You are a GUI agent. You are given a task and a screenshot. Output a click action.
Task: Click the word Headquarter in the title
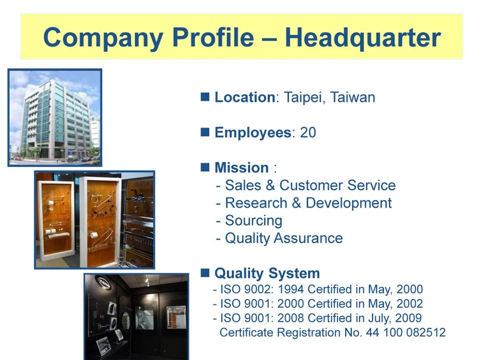pyautogui.click(x=363, y=38)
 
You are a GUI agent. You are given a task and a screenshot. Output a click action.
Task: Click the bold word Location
pyautogui.click(x=244, y=98)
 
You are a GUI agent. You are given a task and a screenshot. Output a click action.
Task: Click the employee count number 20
pyautogui.click(x=308, y=133)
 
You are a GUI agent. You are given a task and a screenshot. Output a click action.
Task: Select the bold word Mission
pyautogui.click(x=241, y=168)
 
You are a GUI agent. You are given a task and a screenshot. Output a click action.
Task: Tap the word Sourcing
pyautogui.click(x=253, y=221)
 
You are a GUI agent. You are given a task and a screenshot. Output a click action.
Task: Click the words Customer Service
pyautogui.click(x=338, y=186)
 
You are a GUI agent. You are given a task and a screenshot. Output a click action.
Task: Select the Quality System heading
pyautogui.click(x=267, y=274)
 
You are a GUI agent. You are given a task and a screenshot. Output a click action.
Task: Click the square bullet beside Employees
pyautogui.click(x=205, y=132)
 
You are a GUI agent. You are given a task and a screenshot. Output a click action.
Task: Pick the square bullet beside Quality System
pyautogui.click(x=205, y=273)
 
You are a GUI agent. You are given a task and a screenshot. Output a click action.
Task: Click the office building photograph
pyautogui.click(x=55, y=117)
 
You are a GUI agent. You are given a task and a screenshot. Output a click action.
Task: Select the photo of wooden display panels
pyautogui.click(x=94, y=220)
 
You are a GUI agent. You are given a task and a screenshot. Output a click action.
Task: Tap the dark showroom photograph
pyautogui.click(x=137, y=317)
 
